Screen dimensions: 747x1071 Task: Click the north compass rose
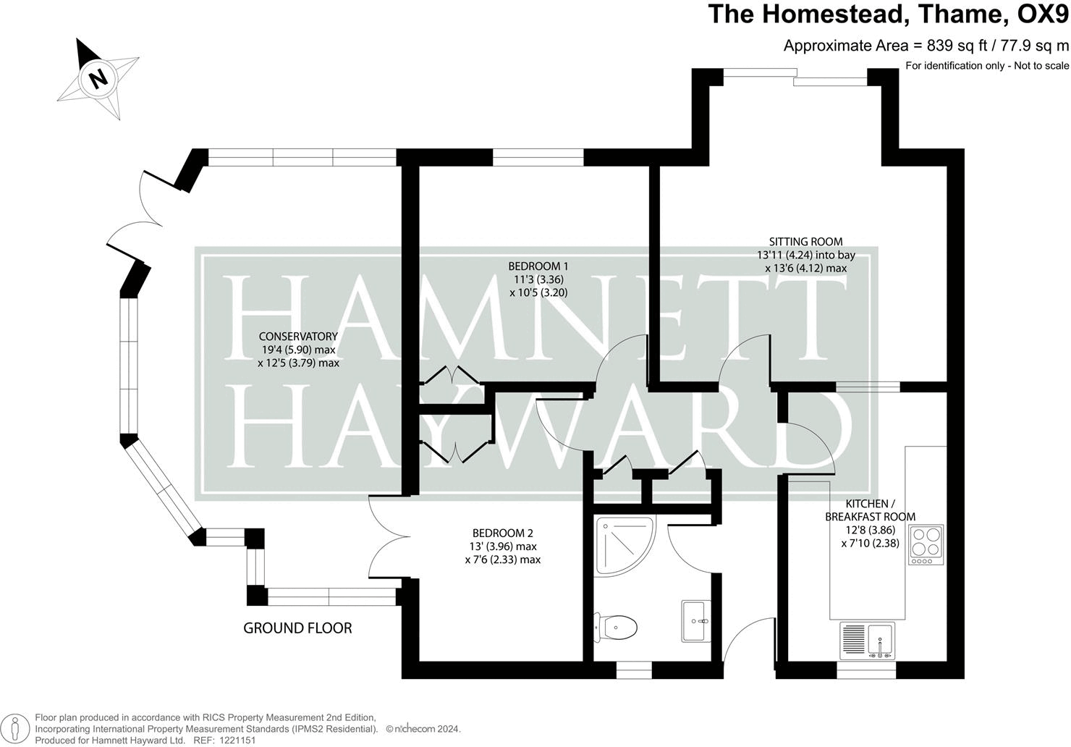[x=99, y=78]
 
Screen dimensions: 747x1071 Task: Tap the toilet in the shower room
[x=617, y=625]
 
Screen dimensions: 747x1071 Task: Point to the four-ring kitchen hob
[x=926, y=545]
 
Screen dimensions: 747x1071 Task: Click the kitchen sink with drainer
[x=868, y=640]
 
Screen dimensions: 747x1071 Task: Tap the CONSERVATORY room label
[x=298, y=337]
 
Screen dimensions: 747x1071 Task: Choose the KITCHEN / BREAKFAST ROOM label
[x=871, y=510]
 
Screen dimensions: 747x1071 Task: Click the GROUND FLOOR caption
[x=297, y=628]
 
